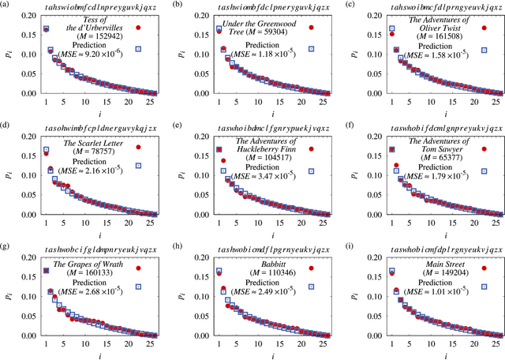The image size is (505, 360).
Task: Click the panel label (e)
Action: coord(179,126)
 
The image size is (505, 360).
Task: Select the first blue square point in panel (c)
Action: coord(391,29)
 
